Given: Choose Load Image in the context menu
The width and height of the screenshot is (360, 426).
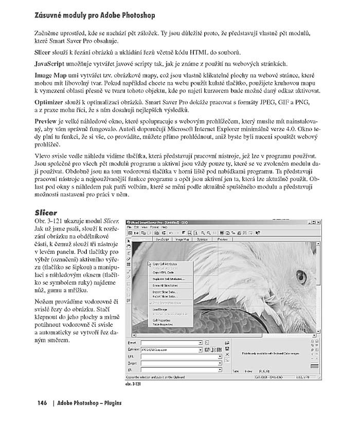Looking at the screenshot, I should pos(161,309).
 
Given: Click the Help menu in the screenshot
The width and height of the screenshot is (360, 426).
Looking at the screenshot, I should pos(164,227).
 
